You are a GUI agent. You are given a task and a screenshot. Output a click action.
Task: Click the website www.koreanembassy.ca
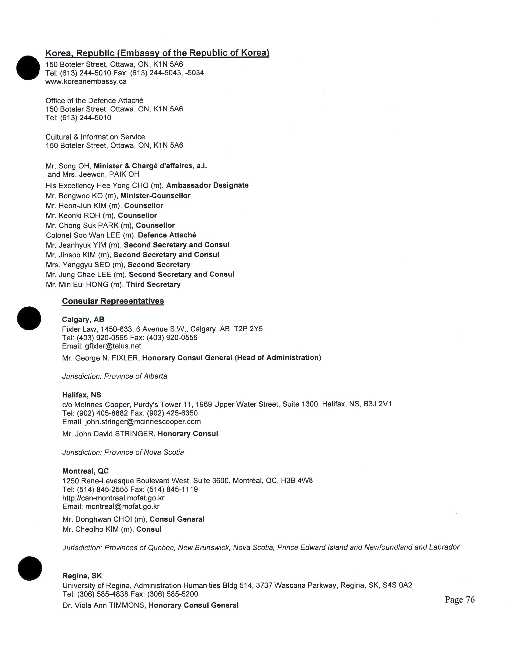point(86,82)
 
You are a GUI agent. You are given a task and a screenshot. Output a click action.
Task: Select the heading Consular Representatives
point(113,301)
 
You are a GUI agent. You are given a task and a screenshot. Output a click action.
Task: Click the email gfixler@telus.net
point(113,346)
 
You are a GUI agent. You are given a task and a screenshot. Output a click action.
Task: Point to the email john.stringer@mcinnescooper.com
point(143,422)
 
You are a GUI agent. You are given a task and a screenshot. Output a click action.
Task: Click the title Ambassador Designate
point(207,185)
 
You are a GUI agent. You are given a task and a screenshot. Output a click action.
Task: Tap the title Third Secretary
point(153,284)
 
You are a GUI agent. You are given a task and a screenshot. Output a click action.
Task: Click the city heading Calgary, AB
point(83,319)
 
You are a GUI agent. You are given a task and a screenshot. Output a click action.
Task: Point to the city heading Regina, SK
point(82,576)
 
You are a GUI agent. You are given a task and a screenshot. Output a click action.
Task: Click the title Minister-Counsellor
point(155,196)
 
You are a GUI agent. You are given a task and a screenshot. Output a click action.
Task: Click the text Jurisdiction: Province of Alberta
point(115,376)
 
